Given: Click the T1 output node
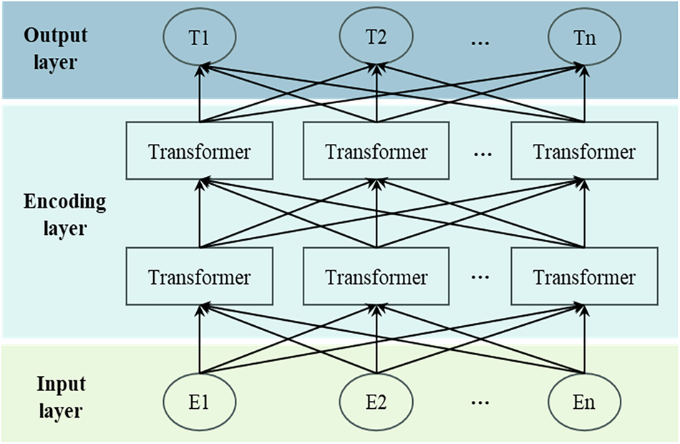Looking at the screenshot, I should click(x=200, y=37).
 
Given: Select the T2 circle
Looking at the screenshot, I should click(x=376, y=37).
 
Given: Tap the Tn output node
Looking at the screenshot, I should click(x=585, y=37).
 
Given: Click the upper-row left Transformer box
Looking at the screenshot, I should click(x=199, y=151).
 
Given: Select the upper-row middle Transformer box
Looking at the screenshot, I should click(x=376, y=151).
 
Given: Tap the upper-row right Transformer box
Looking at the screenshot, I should click(x=585, y=151).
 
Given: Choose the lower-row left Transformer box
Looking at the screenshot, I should click(x=199, y=276).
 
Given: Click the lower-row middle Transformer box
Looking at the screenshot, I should click(x=376, y=276).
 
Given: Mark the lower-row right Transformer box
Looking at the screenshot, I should click(x=585, y=276).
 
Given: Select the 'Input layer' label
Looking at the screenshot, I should click(x=61, y=397).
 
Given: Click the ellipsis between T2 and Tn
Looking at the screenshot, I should click(x=480, y=42).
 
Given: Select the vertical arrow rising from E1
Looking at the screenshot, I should click(x=200, y=340).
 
